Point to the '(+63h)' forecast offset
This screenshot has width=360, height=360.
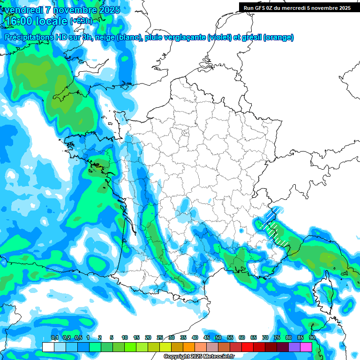coord(81,21)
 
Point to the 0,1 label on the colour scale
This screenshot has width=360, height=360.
coord(55,337)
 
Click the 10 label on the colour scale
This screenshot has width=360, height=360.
coord(125,337)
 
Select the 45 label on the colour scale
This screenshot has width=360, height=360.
coord(207,337)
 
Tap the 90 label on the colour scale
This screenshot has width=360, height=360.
coord(312,337)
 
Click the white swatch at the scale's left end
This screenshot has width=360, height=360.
coord(48,347)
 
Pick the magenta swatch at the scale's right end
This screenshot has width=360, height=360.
coord(306,347)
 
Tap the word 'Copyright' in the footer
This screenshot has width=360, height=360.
coord(176,357)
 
